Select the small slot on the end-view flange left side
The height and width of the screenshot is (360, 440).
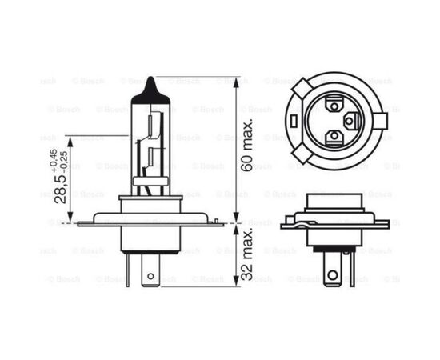tap(294, 121)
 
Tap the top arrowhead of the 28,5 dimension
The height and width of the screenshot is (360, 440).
tap(71, 139)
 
